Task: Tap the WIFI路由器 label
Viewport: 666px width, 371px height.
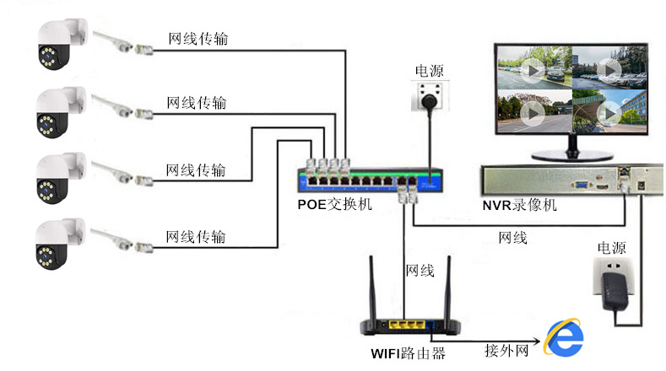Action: (x=409, y=352)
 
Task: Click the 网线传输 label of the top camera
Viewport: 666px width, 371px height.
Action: (x=198, y=39)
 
